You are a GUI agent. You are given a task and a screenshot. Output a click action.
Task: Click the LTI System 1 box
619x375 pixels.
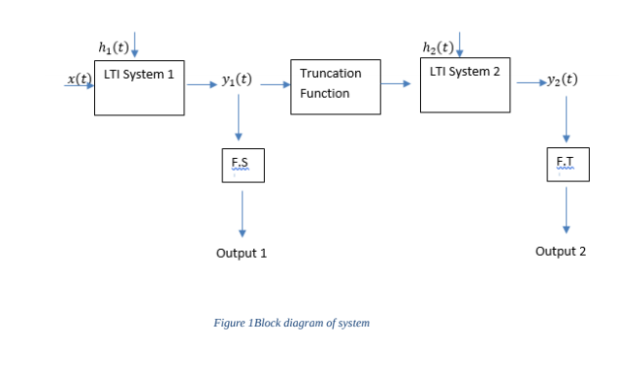(139, 88)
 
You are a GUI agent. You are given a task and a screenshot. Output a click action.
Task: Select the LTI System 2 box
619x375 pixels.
(465, 84)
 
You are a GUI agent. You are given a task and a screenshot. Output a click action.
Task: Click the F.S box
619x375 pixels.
(242, 165)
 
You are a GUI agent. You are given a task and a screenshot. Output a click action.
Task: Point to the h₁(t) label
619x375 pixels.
(114, 47)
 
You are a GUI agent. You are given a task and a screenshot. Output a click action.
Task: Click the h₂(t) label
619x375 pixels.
(440, 47)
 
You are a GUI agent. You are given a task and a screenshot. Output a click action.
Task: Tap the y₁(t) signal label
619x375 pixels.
(238, 80)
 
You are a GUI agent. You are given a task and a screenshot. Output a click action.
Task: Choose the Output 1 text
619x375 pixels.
(241, 253)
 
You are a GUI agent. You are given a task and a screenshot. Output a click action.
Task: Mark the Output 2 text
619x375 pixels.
(561, 251)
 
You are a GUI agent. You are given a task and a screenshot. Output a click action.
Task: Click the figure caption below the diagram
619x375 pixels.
(291, 323)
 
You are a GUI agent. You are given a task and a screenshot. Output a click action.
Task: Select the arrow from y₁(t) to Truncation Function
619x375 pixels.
(274, 84)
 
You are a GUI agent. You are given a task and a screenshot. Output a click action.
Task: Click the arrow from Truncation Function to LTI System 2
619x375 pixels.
(395, 84)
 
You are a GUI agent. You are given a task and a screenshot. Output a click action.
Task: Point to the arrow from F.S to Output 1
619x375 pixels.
(242, 213)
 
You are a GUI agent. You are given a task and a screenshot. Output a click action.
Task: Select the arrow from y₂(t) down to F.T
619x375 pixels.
(566, 119)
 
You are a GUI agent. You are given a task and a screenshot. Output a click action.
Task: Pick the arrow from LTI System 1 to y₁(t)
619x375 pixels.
(203, 84)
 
